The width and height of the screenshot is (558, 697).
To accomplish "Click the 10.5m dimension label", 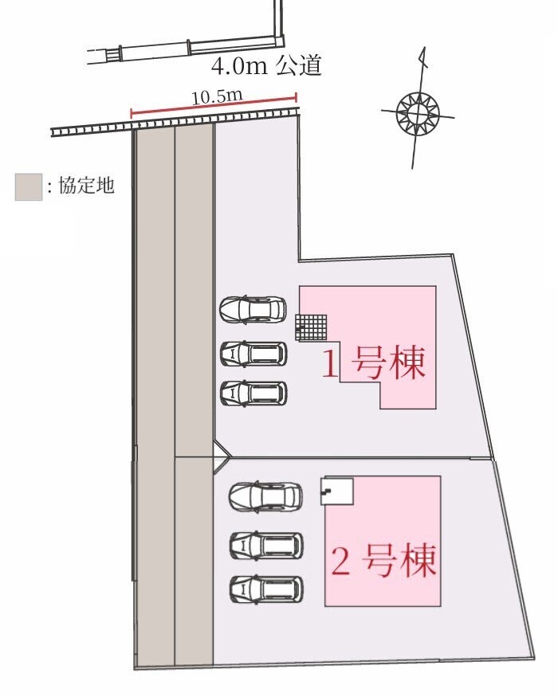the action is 217,96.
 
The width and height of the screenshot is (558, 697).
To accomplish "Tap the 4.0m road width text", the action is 239,66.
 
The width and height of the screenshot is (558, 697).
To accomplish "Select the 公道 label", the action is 298,65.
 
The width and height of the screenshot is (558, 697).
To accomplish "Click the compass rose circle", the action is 418,113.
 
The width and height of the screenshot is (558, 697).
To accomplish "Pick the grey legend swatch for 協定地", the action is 29,186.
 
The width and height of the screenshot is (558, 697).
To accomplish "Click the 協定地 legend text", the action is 86,185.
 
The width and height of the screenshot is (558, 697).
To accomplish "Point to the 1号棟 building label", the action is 374,363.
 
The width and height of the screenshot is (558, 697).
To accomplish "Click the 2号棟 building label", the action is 383,560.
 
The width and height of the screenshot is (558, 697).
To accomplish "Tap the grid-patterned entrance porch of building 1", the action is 311,327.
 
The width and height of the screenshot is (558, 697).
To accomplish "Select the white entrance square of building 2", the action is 337,491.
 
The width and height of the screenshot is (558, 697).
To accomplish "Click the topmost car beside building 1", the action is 253,309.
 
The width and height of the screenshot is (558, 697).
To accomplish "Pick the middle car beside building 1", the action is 253,354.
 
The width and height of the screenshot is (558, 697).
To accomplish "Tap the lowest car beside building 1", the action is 253,394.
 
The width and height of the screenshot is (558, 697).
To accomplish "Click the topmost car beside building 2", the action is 265,496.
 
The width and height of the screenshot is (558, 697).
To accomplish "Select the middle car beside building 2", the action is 266,545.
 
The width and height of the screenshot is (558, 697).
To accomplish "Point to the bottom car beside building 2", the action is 266,589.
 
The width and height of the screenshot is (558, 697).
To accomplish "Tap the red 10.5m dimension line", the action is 214,105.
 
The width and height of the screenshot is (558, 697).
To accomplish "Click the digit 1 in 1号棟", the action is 330,363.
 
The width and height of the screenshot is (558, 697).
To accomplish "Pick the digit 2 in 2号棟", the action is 340,561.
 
